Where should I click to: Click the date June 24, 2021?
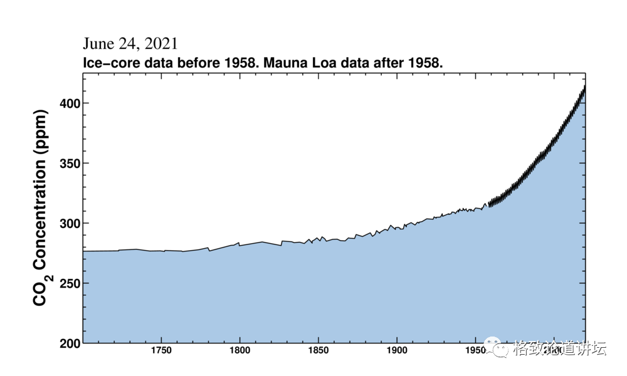coord(130,44)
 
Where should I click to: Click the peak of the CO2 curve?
coord(584,86)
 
